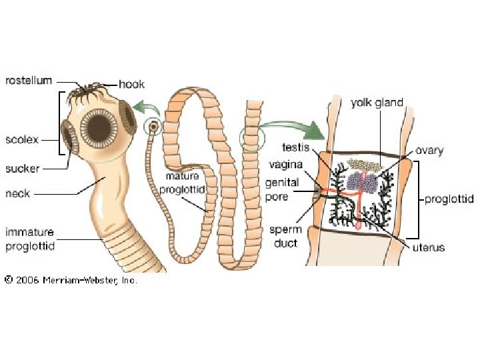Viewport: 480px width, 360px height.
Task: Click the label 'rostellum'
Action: (29, 81)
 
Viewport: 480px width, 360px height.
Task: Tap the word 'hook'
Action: (131, 84)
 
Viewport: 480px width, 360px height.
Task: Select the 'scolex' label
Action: (22, 140)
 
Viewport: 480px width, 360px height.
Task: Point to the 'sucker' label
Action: (23, 168)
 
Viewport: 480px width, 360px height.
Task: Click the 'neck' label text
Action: (18, 194)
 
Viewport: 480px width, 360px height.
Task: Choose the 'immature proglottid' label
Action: (30, 239)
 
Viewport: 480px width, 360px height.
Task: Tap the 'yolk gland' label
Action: (377, 103)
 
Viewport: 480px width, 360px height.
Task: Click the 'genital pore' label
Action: (282, 189)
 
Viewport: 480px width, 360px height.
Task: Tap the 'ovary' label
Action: (429, 151)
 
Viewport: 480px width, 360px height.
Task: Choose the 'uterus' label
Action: (428, 247)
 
